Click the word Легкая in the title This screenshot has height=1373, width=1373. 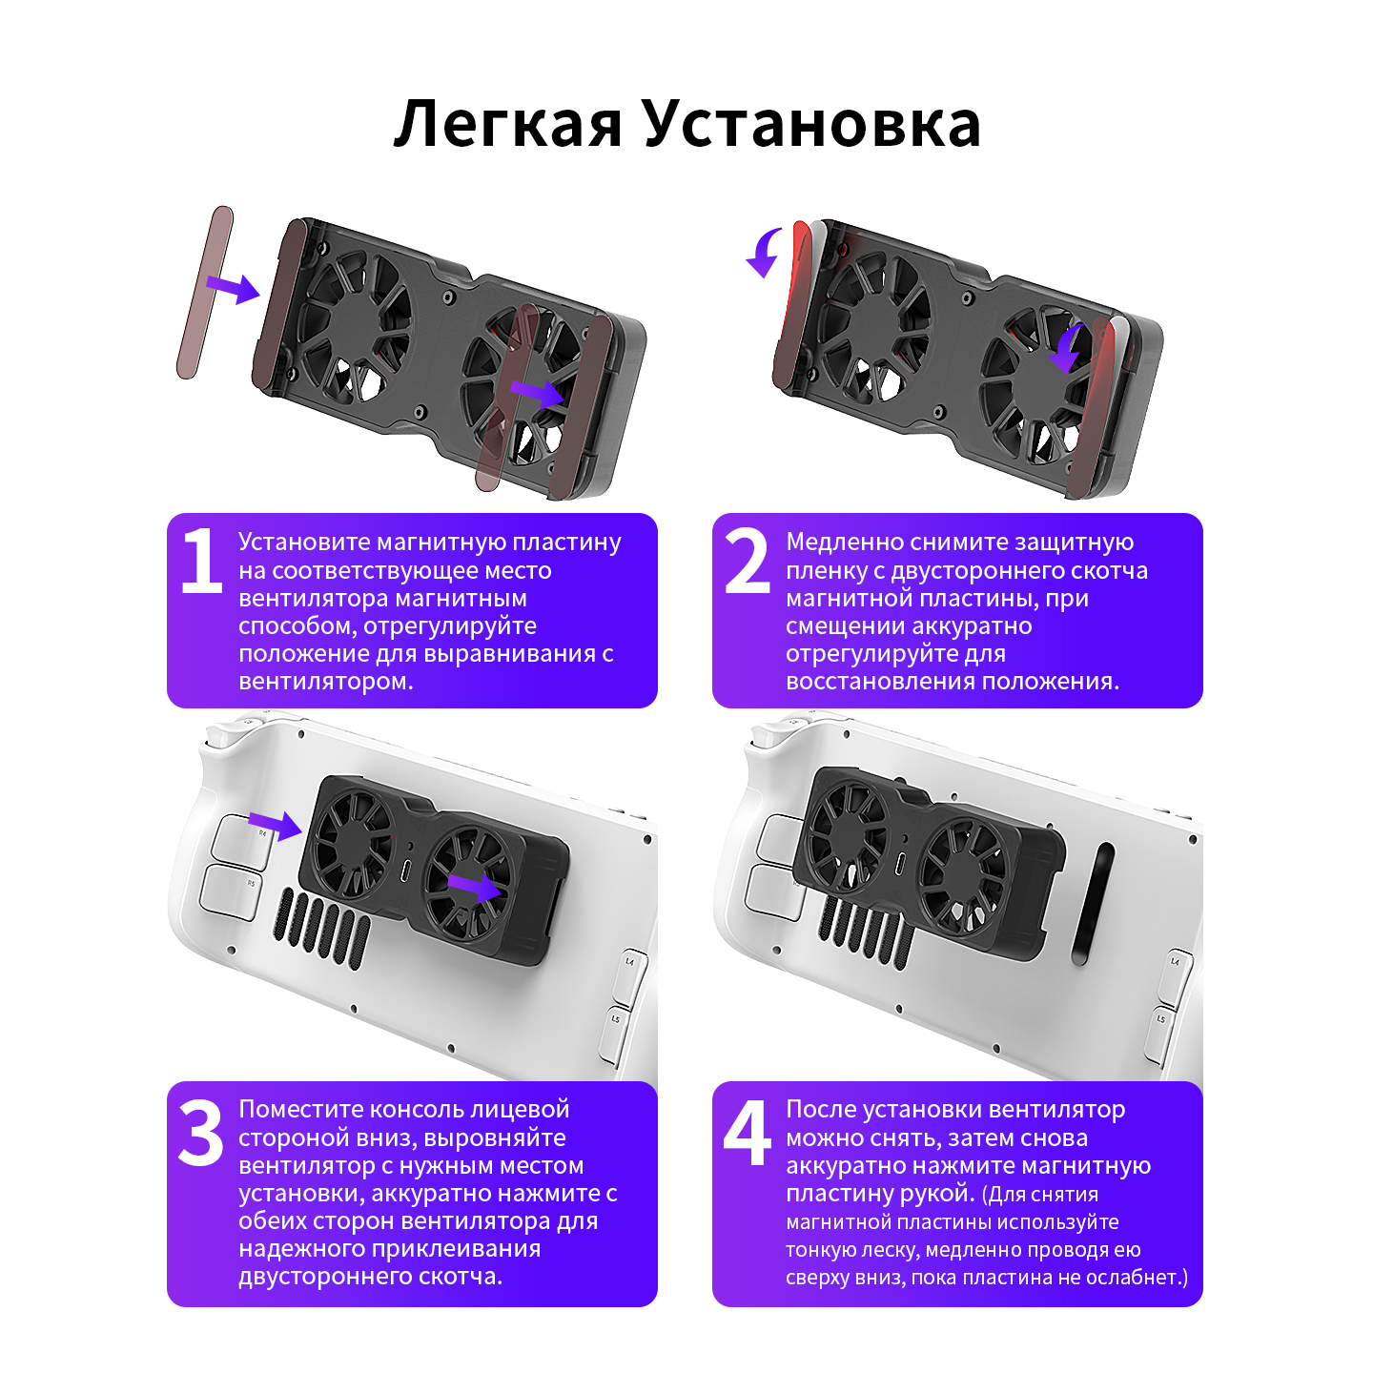click(508, 124)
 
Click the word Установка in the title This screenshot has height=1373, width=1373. click(812, 124)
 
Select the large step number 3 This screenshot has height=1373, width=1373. click(200, 1133)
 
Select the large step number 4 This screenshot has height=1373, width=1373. click(747, 1133)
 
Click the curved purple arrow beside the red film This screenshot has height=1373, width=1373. click(766, 252)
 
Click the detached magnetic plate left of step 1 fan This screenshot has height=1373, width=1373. click(205, 292)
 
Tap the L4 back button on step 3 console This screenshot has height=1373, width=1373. click(630, 974)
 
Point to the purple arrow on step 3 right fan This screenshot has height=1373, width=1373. click(475, 887)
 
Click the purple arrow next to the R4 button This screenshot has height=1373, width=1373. click(275, 825)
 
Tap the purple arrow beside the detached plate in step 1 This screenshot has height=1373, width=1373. click(233, 287)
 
